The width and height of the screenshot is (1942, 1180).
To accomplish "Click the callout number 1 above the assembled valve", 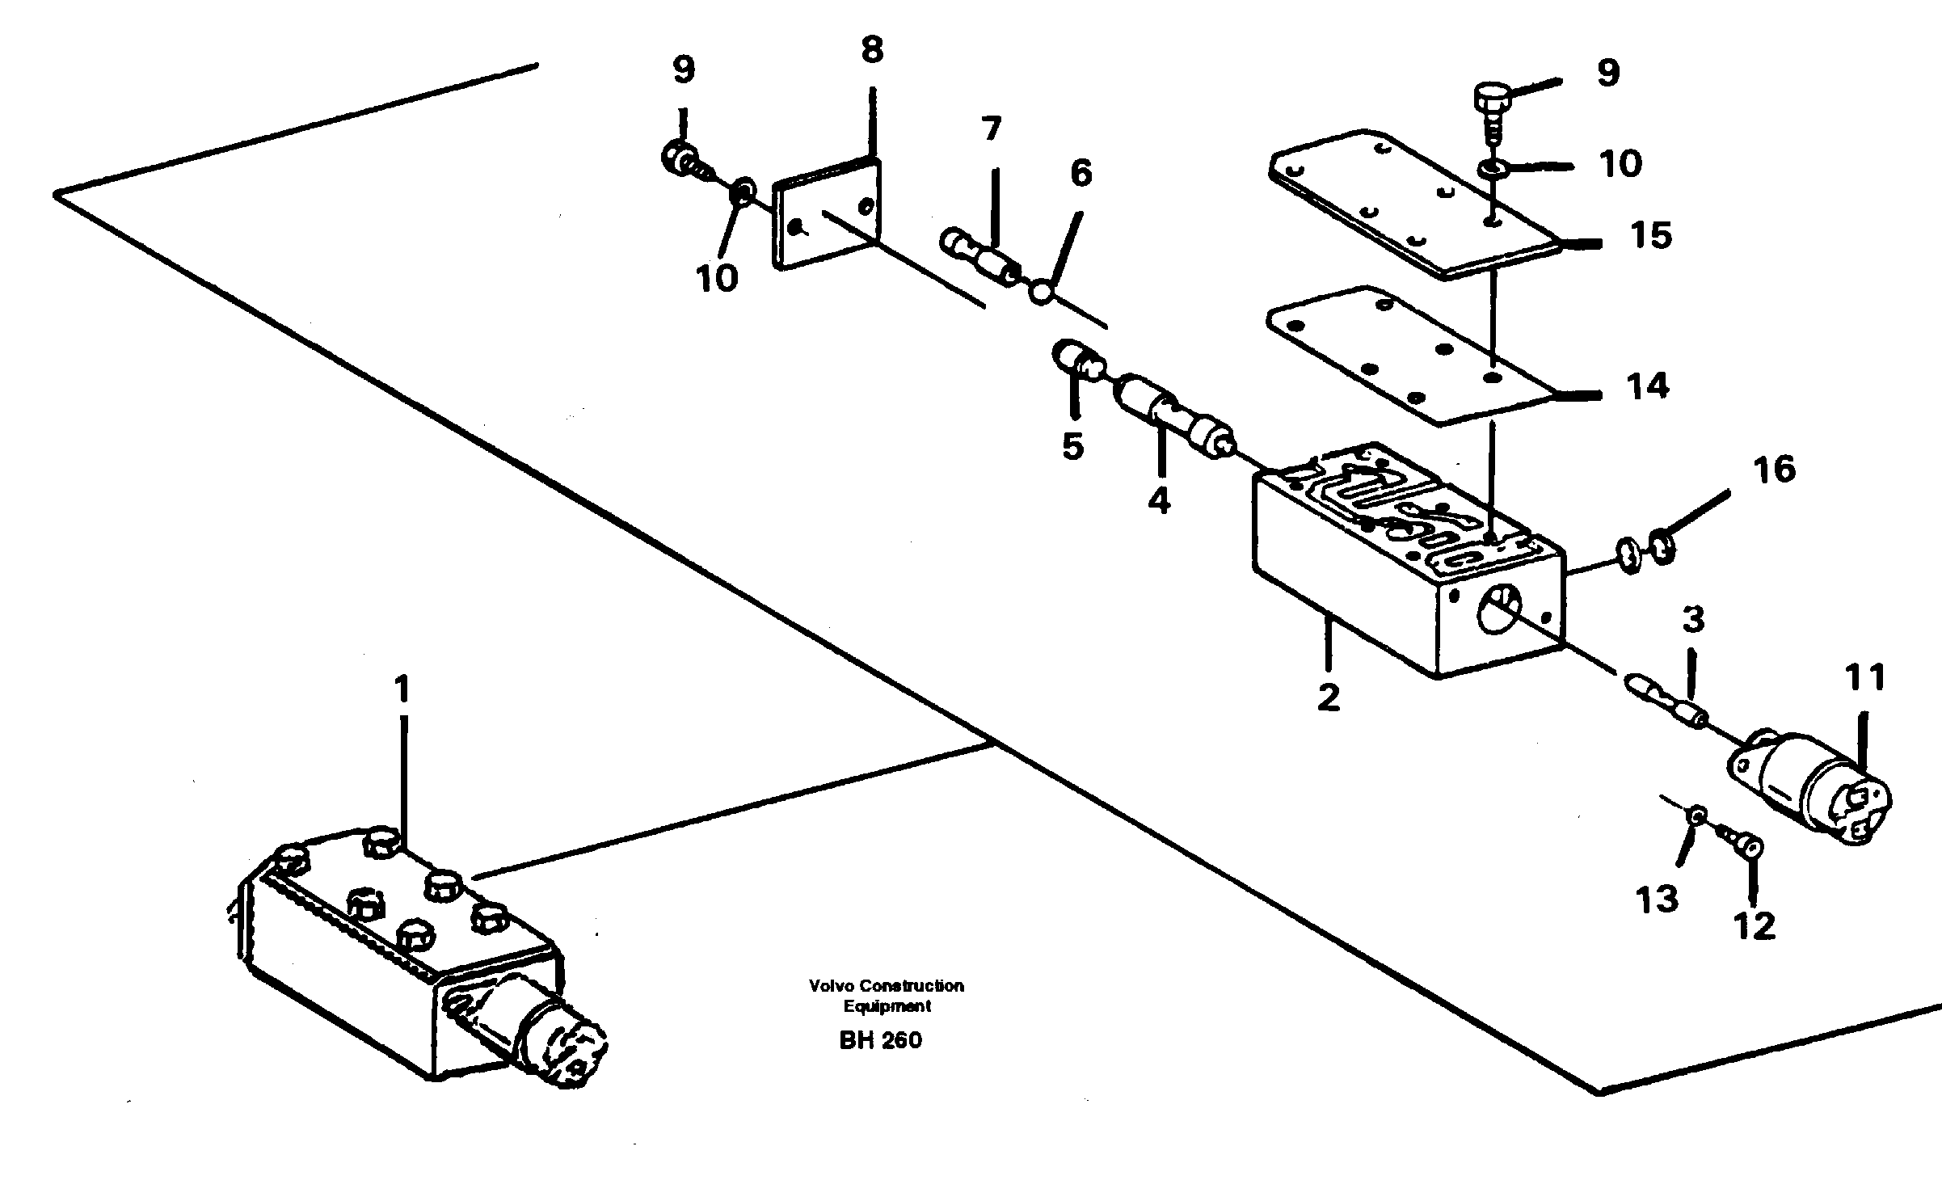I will point(402,691).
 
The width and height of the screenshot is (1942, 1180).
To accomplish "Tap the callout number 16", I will point(1774,470).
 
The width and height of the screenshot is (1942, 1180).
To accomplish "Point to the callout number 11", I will point(1865,678).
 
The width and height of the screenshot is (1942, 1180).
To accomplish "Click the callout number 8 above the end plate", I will point(871,51).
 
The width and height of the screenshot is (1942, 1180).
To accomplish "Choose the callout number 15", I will point(1649,235).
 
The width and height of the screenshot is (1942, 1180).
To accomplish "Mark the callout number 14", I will point(1648,386).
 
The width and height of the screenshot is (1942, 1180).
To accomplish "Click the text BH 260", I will point(880,1039).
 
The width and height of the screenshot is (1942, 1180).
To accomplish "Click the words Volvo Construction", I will point(886,985).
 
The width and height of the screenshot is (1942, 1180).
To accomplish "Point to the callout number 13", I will point(1656,899).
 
